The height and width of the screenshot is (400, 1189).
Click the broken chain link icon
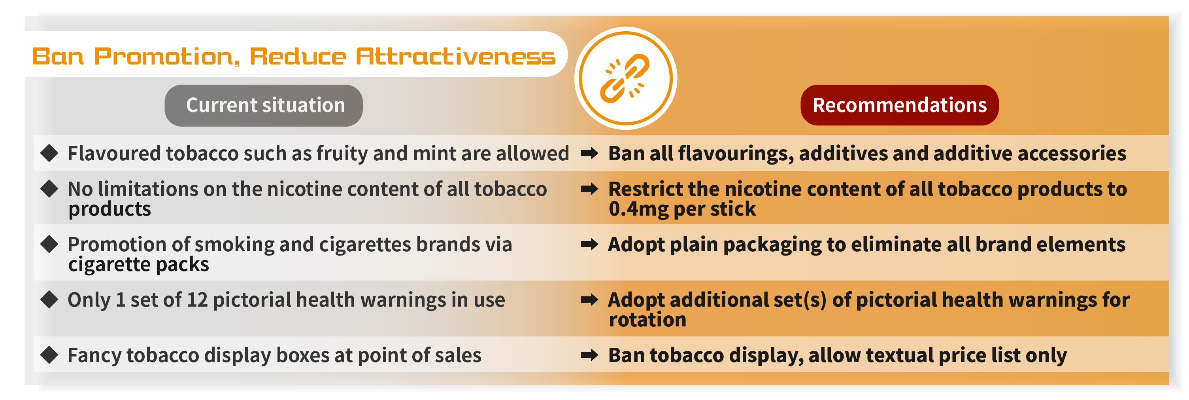(x=625, y=78)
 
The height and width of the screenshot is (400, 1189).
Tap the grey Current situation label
(x=264, y=105)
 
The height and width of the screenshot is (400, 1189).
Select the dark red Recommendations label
(x=899, y=105)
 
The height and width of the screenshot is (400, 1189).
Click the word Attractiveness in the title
(x=456, y=56)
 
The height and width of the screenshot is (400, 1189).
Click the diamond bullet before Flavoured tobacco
(x=49, y=153)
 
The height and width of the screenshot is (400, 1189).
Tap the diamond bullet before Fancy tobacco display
(x=49, y=355)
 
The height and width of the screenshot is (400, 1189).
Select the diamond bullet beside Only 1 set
(x=49, y=299)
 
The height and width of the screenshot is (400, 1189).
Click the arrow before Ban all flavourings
(x=589, y=153)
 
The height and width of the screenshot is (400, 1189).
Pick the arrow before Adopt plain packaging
(x=589, y=244)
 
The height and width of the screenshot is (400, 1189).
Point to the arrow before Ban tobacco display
(x=589, y=355)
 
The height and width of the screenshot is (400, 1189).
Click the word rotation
(x=647, y=320)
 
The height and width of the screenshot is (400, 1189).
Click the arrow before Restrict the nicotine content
(x=589, y=188)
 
